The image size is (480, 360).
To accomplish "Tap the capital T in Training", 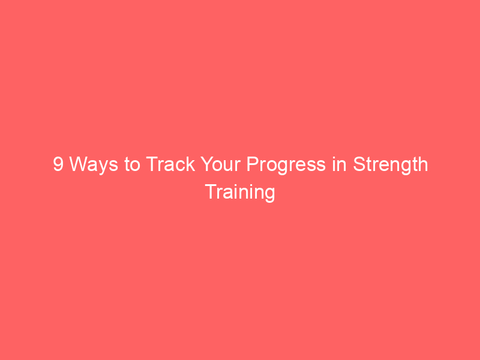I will coord(211,192).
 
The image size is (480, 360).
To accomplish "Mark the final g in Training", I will coord(270,194).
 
